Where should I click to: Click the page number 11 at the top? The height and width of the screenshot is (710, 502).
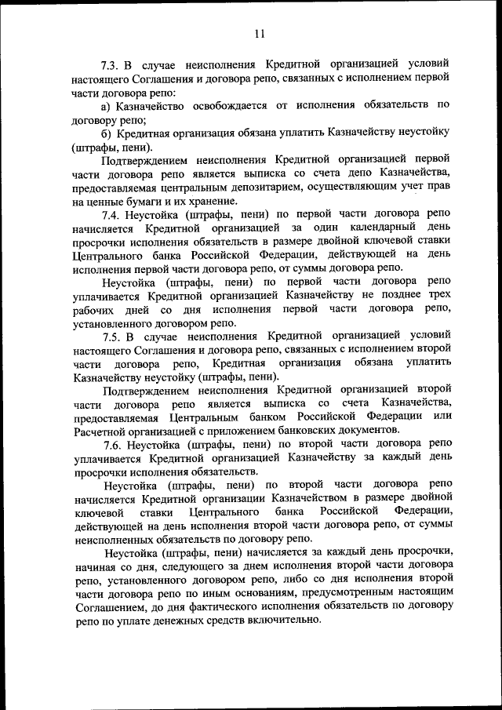click(x=260, y=33)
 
